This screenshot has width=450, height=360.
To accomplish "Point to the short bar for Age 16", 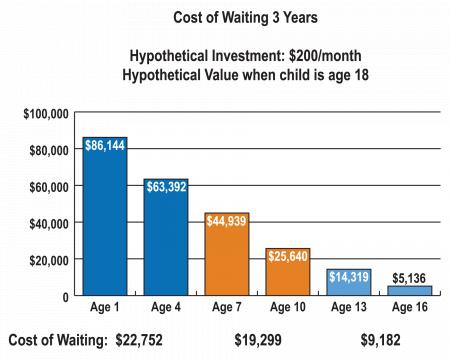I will click(x=410, y=291).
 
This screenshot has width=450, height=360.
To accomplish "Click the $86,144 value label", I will click(x=104, y=146).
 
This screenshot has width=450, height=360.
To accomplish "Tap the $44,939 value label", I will click(x=226, y=222).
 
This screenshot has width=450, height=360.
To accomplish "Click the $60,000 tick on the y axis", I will click(x=48, y=186).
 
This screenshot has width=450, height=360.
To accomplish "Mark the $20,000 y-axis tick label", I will click(x=48, y=260).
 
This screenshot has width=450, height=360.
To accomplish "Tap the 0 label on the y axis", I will click(x=64, y=297).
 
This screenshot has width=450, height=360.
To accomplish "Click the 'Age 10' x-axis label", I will click(x=288, y=309).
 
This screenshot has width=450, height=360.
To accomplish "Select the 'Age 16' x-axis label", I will click(x=410, y=309).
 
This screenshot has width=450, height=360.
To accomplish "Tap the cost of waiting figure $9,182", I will click(x=380, y=340).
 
